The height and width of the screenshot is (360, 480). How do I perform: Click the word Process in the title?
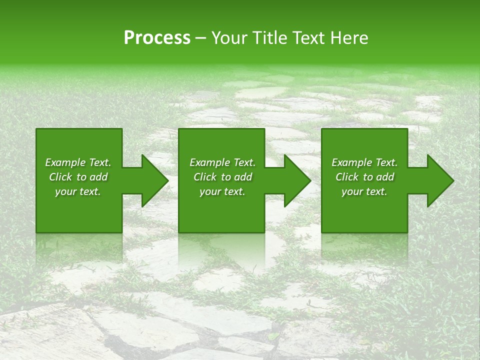point(157,38)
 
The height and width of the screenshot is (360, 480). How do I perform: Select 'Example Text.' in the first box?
point(78,162)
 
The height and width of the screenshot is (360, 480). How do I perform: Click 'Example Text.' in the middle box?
point(222,162)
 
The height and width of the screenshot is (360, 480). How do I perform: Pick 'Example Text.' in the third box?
point(364,162)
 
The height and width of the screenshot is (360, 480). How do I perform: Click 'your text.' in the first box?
point(78,191)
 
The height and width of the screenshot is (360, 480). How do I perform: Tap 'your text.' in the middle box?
point(222,191)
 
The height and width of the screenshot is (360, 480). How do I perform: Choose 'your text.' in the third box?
point(364,191)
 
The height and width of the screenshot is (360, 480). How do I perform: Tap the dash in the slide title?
point(201,38)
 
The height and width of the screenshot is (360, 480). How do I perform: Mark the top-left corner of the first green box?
point(36,129)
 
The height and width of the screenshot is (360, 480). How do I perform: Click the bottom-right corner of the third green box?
point(407,232)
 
